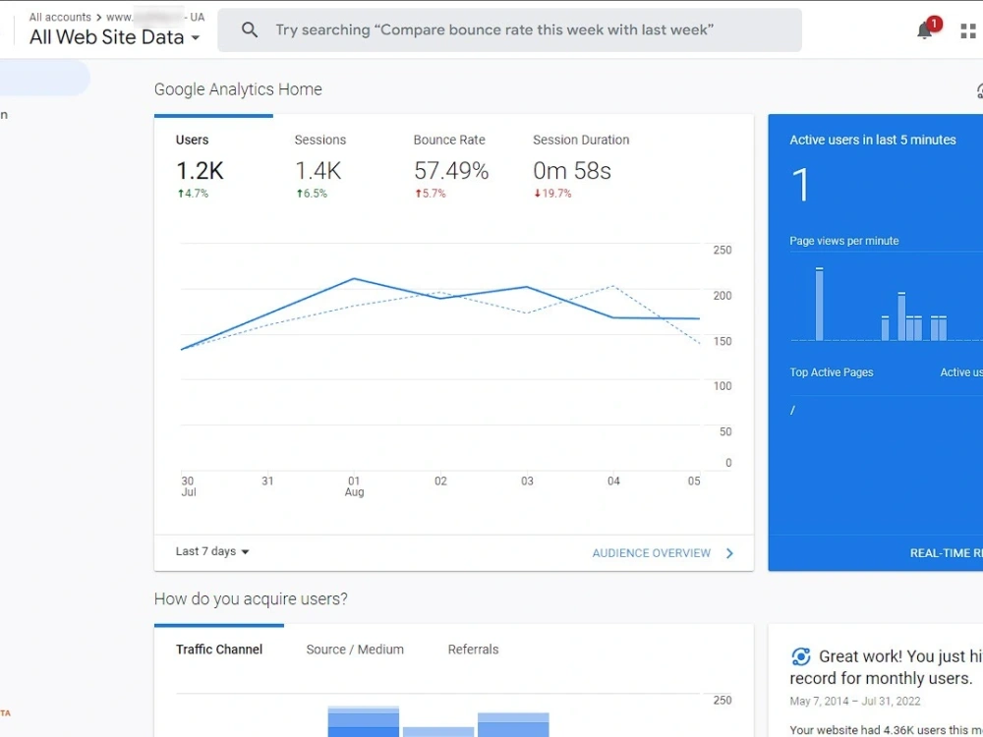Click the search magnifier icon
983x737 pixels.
coord(250,30)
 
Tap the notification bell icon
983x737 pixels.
coord(925,30)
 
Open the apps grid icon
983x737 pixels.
coord(968,30)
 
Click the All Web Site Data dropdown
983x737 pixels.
coord(114,37)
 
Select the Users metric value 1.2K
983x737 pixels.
coord(200,171)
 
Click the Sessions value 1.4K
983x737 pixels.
coord(318,171)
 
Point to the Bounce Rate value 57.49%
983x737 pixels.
coord(451,171)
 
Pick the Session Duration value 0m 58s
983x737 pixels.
coord(572,171)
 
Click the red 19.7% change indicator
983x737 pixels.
coord(552,194)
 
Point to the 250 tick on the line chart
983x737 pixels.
coord(723,251)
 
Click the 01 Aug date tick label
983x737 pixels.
coord(355,486)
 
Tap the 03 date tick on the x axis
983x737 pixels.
coord(527,482)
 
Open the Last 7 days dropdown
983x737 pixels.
coord(212,552)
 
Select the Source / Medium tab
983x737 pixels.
coord(355,650)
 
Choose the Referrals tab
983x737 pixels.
coord(473,650)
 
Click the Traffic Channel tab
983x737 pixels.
coord(219,650)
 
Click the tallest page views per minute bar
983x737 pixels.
coord(820,304)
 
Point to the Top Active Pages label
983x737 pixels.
coord(832,372)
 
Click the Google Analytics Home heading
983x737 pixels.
coord(238,89)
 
